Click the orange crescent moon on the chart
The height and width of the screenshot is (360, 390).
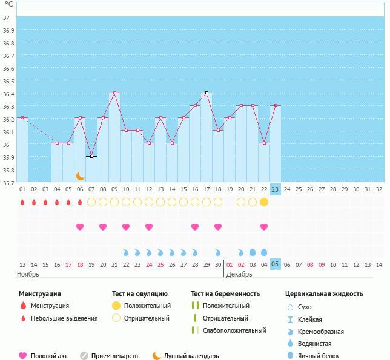[x=81, y=176]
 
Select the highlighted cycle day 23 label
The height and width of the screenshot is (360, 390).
[x=275, y=189]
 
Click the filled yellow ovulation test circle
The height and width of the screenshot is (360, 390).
[x=264, y=202]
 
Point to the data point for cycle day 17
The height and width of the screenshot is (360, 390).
[x=207, y=93]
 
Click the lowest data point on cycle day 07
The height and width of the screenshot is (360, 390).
[x=91, y=156]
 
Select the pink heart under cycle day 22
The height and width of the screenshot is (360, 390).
[x=264, y=227]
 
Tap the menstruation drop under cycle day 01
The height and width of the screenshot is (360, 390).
[x=22, y=202]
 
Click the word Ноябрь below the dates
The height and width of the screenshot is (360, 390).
[x=28, y=274]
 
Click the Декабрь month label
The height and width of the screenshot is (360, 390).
[x=239, y=274]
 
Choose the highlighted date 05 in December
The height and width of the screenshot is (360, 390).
[x=275, y=264]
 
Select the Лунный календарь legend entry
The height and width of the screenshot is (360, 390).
[x=193, y=356]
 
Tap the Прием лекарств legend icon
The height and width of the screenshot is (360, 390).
[x=84, y=356]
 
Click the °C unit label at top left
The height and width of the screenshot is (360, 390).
[x=8, y=5]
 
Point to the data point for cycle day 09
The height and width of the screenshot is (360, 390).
[x=114, y=93]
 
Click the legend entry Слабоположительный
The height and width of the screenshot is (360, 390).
[x=234, y=330]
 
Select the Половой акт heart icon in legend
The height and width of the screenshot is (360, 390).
[x=24, y=356]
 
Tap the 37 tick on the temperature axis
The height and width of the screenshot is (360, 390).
[x=5, y=18]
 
